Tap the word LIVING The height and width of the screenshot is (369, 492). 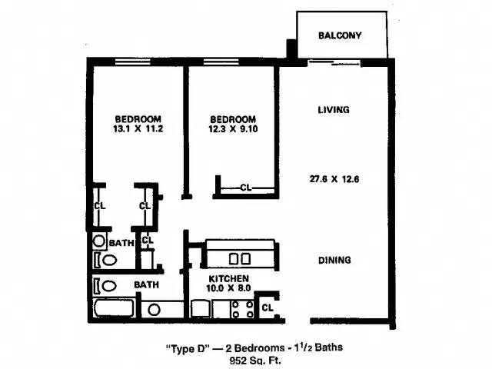click(334, 110)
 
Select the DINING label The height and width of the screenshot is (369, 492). click(334, 260)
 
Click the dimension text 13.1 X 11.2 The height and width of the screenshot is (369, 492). click(138, 130)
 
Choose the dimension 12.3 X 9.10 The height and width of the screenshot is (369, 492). click(233, 130)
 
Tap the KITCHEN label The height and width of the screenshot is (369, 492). click(229, 278)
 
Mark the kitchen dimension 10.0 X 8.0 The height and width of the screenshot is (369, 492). click(229, 289)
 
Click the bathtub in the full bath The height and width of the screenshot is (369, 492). click(113, 310)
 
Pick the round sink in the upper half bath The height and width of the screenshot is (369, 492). click(99, 241)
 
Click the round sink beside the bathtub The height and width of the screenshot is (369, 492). click(154, 310)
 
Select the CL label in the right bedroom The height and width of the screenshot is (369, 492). click(245, 187)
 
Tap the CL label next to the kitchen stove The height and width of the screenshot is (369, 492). click(267, 308)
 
